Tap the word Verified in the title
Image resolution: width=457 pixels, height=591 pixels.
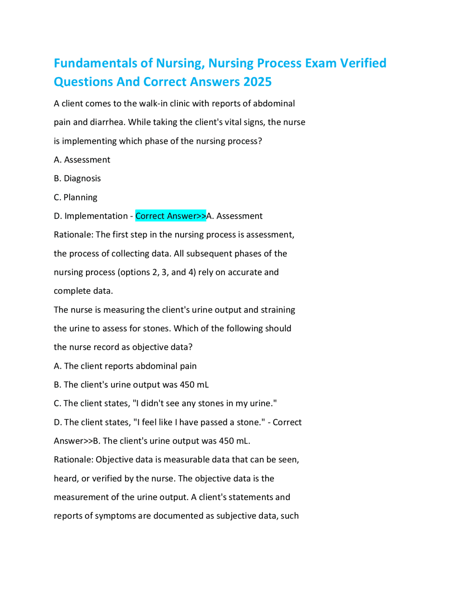pyautogui.click(x=363, y=63)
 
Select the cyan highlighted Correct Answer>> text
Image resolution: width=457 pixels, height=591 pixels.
pyautogui.click(x=171, y=216)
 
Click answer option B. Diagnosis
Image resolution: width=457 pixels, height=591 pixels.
pyautogui.click(x=77, y=178)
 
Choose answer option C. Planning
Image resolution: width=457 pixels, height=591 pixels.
pyautogui.click(x=75, y=197)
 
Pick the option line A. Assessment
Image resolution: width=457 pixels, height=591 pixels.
pyautogui.click(x=82, y=160)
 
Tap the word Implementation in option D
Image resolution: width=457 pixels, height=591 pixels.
pyautogui.click(x=96, y=216)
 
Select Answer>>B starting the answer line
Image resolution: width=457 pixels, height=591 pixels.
pyautogui.click(x=77, y=441)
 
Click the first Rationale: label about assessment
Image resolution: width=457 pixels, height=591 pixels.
pyautogui.click(x=74, y=235)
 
